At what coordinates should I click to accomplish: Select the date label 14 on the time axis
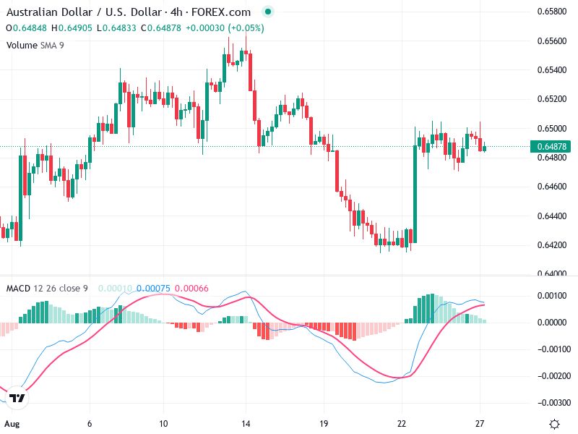coord(246,423)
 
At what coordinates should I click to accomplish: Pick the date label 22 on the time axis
coord(402,423)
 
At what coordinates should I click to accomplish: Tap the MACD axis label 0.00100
coord(551,296)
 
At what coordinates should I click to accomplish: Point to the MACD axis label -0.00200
coord(549,376)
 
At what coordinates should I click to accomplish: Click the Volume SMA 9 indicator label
coord(35,45)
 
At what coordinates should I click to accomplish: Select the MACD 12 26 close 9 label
coord(47,289)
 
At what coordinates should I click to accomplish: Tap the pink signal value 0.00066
coord(191,289)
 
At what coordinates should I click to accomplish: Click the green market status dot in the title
coord(268,12)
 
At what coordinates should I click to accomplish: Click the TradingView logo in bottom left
coord(17,399)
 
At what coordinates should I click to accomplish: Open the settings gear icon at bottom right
coord(554,424)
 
